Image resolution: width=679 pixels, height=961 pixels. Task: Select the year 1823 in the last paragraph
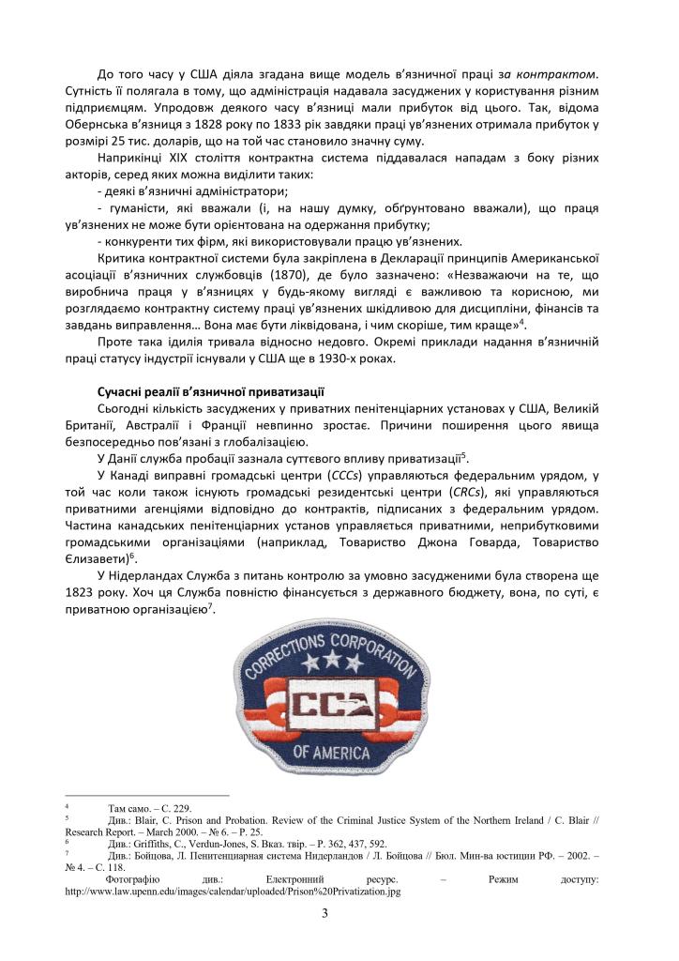(114, 593)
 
